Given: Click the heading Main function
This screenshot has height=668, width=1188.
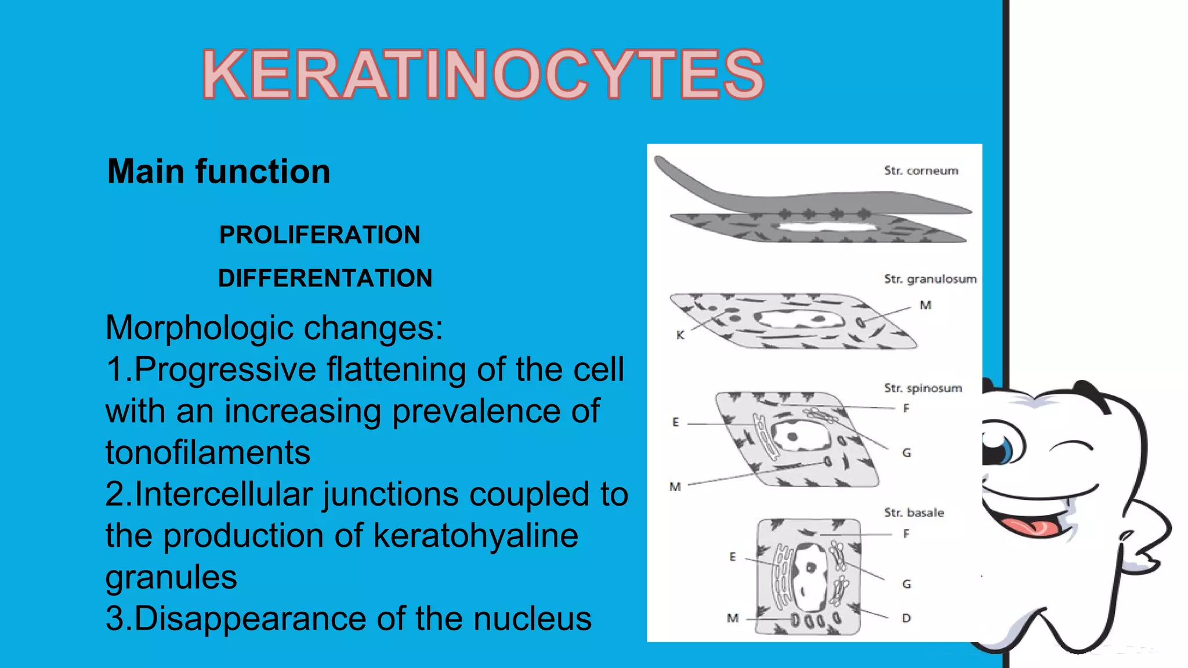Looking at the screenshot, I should tap(219, 172).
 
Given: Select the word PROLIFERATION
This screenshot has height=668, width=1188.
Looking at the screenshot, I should tap(320, 235).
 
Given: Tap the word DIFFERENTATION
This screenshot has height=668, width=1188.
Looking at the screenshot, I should tap(325, 278).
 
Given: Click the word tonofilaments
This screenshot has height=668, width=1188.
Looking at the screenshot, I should tap(208, 452).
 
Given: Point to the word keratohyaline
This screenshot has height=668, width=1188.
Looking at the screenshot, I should tap(476, 535).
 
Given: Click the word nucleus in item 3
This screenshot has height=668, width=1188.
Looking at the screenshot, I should tap(533, 618).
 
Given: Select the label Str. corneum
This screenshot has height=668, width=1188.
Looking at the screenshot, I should tap(921, 170).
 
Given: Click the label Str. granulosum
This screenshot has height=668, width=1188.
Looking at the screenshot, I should tap(930, 279).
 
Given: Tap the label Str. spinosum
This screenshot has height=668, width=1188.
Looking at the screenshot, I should tap(922, 388).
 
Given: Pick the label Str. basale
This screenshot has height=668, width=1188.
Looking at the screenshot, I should tap(914, 513).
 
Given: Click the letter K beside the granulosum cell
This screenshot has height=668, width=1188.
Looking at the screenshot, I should tap(680, 335).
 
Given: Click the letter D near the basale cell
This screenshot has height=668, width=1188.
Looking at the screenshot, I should tap(906, 618).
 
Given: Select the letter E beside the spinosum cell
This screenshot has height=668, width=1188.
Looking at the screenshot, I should tap(675, 422).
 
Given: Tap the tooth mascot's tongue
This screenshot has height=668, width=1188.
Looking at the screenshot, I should tap(1034, 528).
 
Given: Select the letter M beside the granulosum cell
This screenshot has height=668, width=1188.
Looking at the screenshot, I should tap(925, 306).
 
